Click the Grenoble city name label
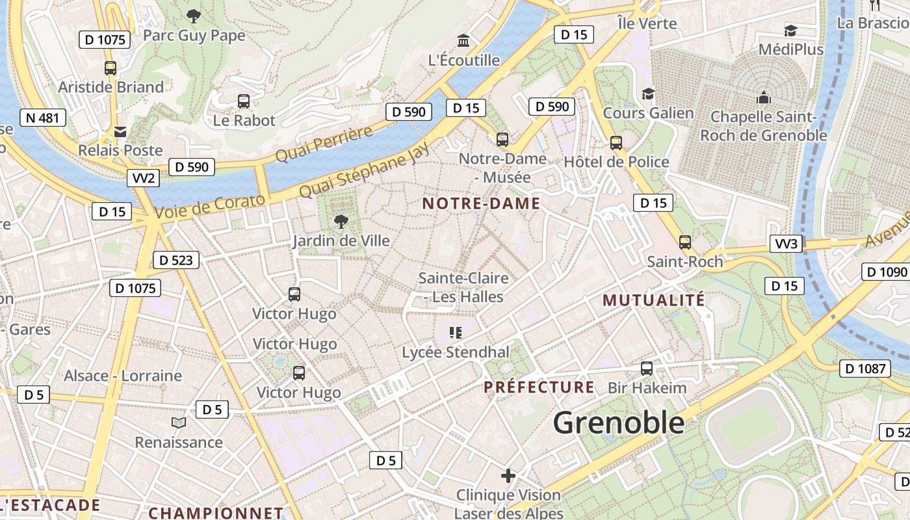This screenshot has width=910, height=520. click(x=619, y=423)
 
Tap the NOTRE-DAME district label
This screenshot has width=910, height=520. click(x=481, y=203)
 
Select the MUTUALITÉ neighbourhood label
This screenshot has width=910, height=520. click(x=653, y=300)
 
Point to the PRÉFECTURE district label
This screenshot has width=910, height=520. click(x=539, y=387)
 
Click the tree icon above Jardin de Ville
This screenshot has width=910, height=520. click(x=341, y=222)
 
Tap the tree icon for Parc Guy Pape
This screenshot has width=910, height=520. click(x=193, y=16)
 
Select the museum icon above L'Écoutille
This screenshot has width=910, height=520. click(x=463, y=41)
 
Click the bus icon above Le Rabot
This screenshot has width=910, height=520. click(x=244, y=101)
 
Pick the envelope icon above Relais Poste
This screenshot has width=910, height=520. click(x=120, y=132)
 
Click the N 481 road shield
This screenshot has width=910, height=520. click(x=43, y=118)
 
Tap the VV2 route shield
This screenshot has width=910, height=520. click(x=143, y=178)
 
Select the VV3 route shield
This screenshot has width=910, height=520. click(x=786, y=244)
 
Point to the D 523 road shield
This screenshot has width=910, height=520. click(x=175, y=260)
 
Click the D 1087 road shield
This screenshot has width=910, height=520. click(x=864, y=369)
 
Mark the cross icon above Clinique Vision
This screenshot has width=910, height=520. click(x=508, y=476)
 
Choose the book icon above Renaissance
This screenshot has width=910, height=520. click(x=179, y=423)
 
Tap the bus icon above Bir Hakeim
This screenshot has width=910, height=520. click(x=647, y=369)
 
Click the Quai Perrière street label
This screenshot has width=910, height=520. click(x=324, y=144)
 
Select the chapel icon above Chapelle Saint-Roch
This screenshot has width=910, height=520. click(x=763, y=97)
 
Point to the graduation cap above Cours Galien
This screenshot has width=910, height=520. click(x=648, y=94)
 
